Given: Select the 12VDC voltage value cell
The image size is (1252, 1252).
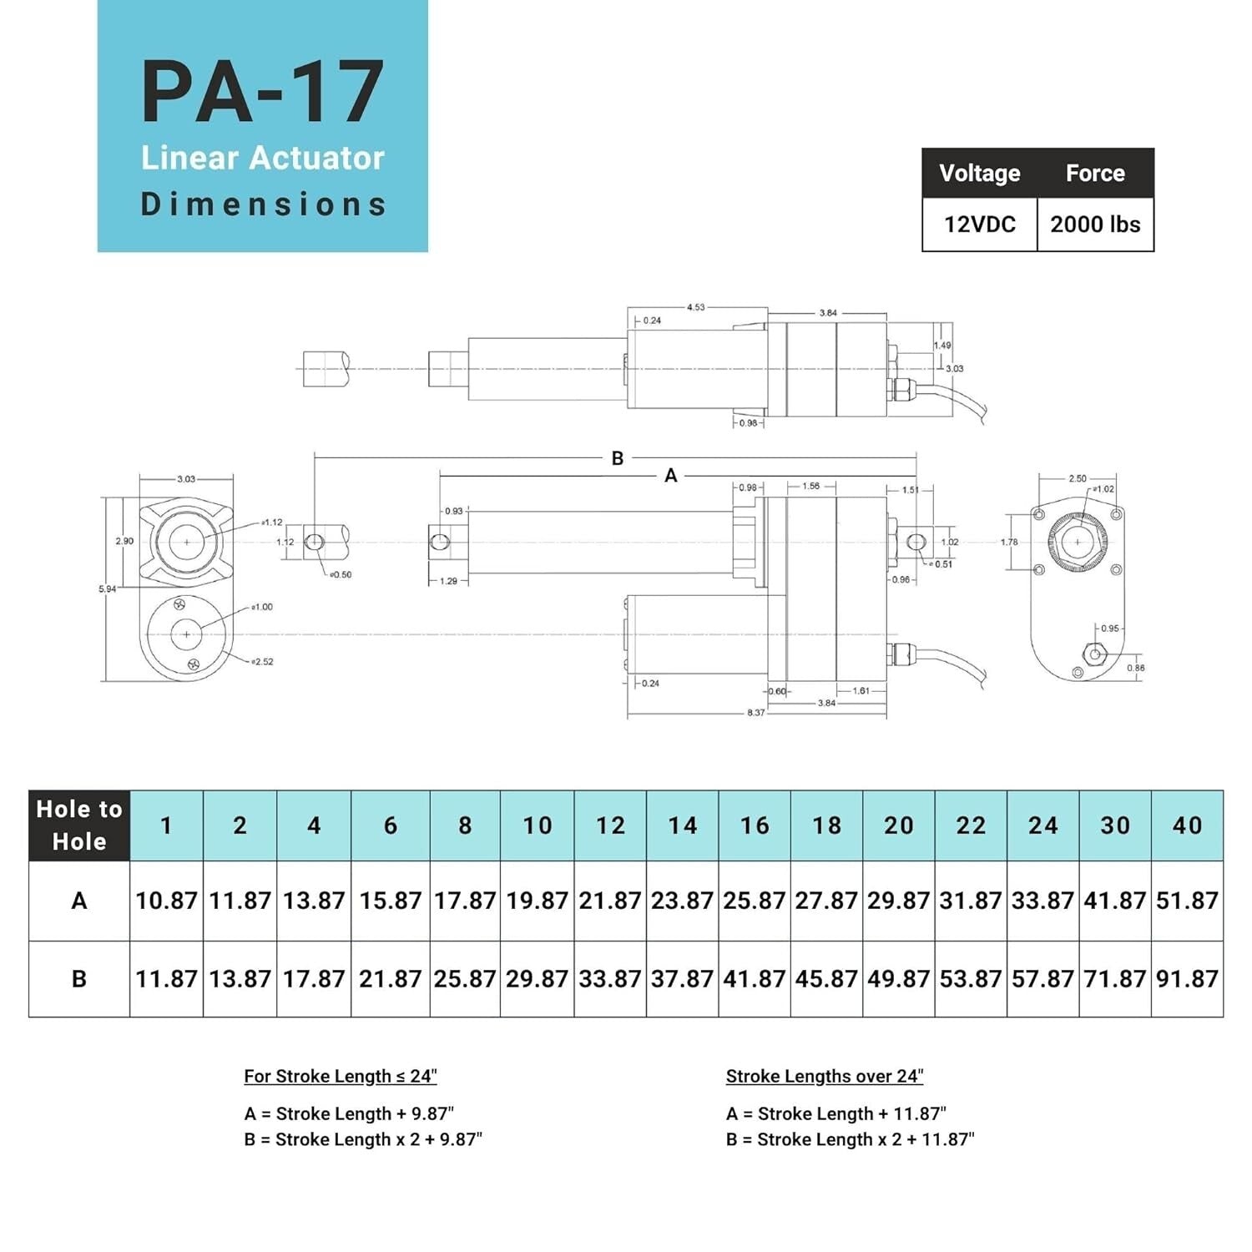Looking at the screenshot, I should [979, 225].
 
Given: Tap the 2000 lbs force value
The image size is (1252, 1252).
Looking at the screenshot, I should [1095, 225].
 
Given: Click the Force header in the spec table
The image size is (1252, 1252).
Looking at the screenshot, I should [1095, 173].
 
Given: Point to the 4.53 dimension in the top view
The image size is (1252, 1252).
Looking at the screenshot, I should [695, 307].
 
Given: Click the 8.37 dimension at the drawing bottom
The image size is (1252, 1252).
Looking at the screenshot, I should [755, 713].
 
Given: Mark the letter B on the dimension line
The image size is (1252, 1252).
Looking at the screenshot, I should [618, 458].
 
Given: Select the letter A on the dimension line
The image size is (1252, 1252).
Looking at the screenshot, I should [670, 476].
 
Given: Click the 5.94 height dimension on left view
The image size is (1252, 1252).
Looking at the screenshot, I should [108, 589].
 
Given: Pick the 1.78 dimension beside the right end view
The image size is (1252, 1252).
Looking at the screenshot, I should [1009, 543].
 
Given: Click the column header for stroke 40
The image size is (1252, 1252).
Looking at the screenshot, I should [1187, 825].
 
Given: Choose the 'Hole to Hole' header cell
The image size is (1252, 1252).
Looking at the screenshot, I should [79, 825].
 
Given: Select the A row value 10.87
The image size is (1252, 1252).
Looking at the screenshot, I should [166, 901].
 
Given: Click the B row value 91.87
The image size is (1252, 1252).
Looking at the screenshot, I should [1187, 978].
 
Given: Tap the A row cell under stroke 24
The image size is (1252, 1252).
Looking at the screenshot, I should [1042, 901].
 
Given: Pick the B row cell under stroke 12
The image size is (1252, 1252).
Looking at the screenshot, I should [609, 978].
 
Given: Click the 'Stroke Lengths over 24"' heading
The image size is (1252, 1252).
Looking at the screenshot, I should [824, 1076].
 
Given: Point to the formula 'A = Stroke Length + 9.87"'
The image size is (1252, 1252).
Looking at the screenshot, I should [349, 1113].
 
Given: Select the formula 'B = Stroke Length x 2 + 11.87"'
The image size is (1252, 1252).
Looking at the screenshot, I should [850, 1139].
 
